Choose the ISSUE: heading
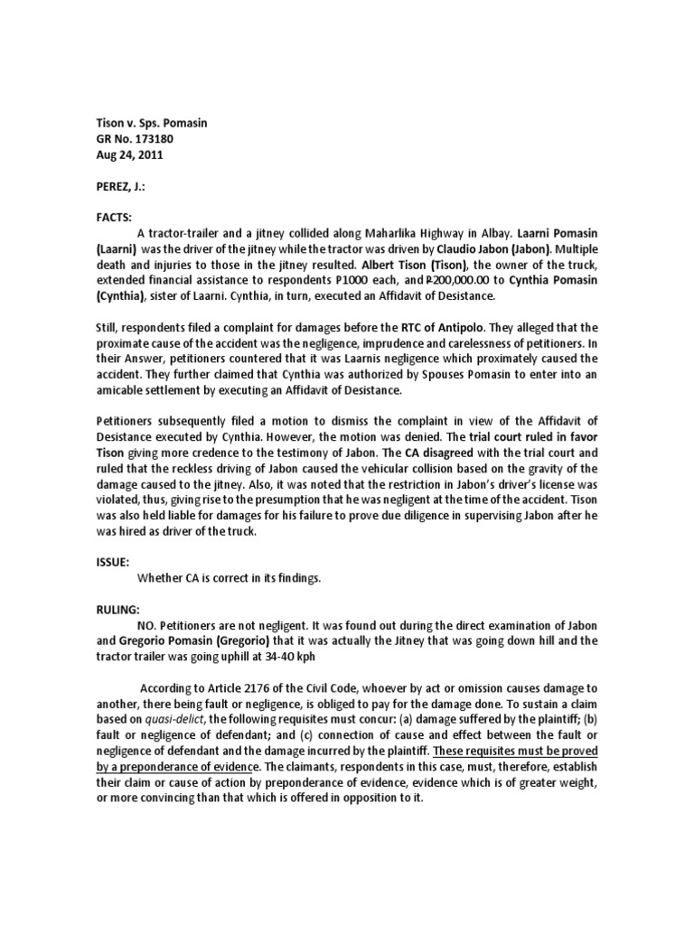[115, 560]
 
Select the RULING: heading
[119, 609]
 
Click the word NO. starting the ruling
[146, 624]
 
